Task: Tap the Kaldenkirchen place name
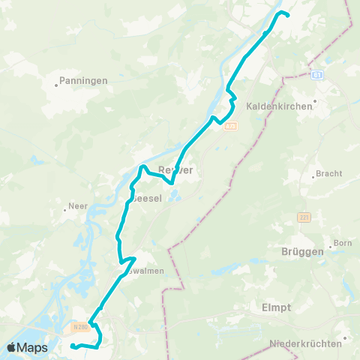279,106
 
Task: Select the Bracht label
329,173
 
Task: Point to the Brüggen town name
304,252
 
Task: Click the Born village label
343,243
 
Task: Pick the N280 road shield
81,326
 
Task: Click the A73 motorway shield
230,125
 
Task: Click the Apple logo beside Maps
13,347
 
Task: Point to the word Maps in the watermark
34,347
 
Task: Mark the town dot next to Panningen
57,85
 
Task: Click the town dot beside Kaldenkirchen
315,100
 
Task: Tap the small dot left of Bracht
313,177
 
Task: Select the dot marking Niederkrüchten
344,338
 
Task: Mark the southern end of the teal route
72,346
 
